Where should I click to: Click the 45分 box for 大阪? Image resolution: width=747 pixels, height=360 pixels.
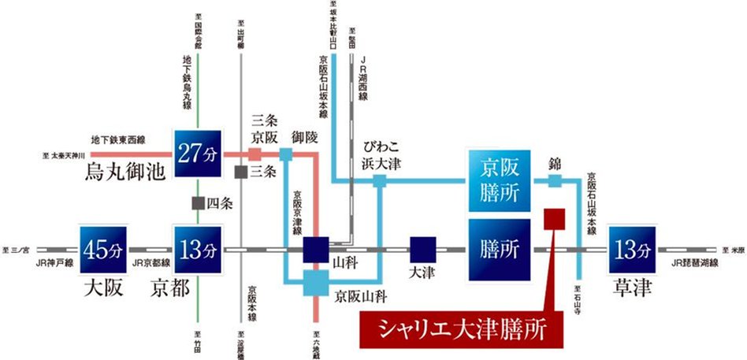(102, 249)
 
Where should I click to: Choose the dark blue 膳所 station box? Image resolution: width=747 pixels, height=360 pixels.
(498, 250)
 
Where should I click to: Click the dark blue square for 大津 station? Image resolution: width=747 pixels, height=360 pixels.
(423, 249)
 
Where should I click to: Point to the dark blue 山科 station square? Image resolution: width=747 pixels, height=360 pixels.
(316, 249)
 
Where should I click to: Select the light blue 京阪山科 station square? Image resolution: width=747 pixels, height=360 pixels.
(316, 283)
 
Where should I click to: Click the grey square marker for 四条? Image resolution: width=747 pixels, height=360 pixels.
(199, 202)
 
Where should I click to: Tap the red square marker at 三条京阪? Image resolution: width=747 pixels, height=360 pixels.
(255, 153)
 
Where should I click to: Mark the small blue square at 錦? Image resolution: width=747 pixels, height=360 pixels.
(555, 181)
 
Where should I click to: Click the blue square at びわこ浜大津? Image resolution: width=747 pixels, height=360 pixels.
(380, 181)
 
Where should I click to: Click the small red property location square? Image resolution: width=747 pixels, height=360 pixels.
(555, 218)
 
